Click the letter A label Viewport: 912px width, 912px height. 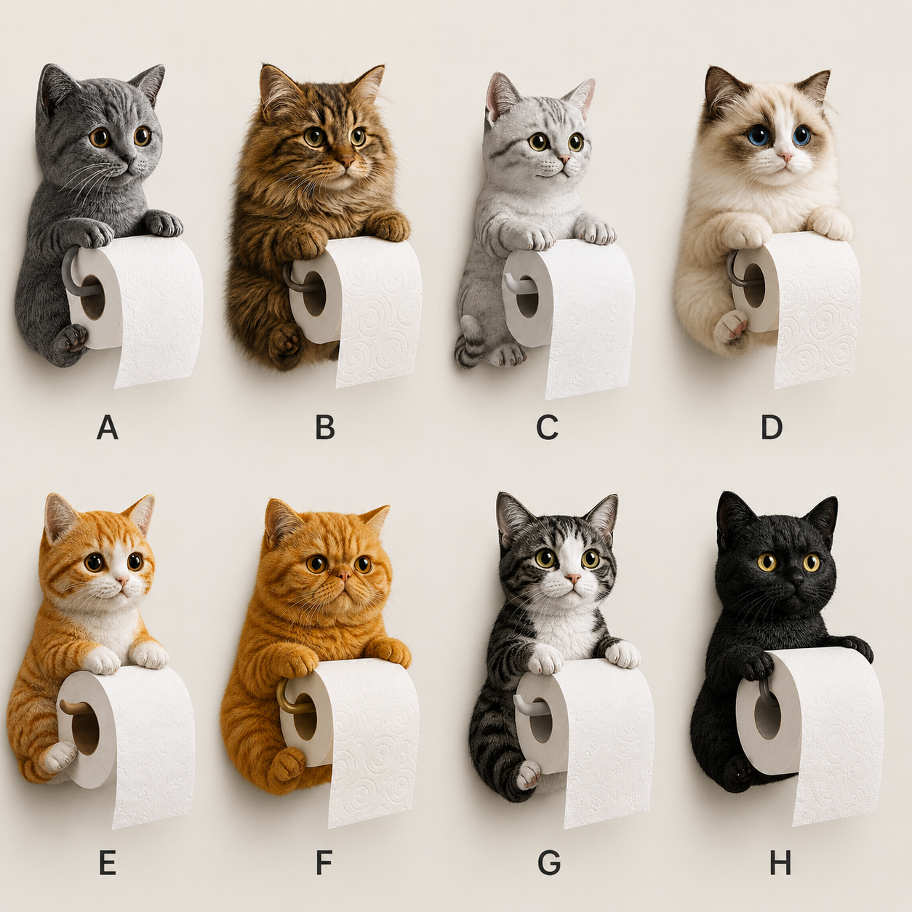(x=107, y=428)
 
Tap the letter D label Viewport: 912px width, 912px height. (x=772, y=428)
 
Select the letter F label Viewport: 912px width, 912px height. (x=324, y=863)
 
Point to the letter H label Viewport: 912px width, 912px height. (x=780, y=863)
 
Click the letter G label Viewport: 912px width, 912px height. (x=549, y=863)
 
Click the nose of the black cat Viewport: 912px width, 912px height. (x=797, y=580)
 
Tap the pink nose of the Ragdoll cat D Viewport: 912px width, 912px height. (x=785, y=156)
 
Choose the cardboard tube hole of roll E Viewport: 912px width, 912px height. (x=86, y=729)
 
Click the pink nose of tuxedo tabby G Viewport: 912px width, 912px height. (x=574, y=578)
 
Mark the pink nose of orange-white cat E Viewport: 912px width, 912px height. (x=121, y=580)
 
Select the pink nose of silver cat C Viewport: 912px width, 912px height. (x=564, y=159)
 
